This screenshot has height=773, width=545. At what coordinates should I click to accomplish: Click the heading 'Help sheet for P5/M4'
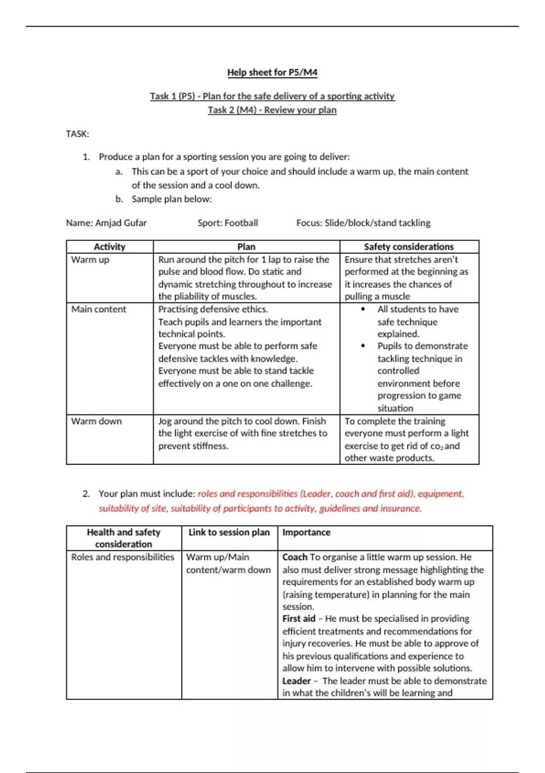pyautogui.click(x=272, y=72)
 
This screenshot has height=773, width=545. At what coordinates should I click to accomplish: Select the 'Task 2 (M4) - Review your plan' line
pyautogui.click(x=272, y=110)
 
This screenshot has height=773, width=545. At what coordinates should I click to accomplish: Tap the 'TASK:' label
pyautogui.click(x=78, y=134)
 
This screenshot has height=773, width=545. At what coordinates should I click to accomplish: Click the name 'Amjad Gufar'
pyautogui.click(x=121, y=223)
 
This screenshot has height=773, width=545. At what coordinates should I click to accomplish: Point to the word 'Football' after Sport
pyautogui.click(x=241, y=223)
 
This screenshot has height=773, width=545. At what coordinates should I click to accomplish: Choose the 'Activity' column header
pyautogui.click(x=109, y=247)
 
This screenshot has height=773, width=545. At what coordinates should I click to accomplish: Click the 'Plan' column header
pyautogui.click(x=246, y=247)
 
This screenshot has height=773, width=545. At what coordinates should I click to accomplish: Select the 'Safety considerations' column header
pyautogui.click(x=409, y=247)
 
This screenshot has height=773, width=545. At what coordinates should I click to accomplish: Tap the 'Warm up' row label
pyautogui.click(x=90, y=260)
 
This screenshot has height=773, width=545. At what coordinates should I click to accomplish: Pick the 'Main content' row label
pyautogui.click(x=99, y=309)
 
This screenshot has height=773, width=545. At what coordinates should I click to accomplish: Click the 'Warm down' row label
pyautogui.click(x=96, y=421)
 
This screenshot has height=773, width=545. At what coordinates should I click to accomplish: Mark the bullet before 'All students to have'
pyautogui.click(x=363, y=309)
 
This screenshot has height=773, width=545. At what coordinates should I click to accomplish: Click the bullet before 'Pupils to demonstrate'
pyautogui.click(x=363, y=346)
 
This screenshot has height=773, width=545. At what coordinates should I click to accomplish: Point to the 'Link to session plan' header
pyautogui.click(x=229, y=532)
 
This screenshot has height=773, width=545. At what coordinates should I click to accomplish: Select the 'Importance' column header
pyautogui.click(x=307, y=532)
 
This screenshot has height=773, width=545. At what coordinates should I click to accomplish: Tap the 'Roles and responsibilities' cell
pyautogui.click(x=123, y=557)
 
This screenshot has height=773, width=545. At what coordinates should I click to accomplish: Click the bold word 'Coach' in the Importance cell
pyautogui.click(x=295, y=557)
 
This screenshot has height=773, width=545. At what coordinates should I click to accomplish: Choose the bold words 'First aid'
pyautogui.click(x=299, y=619)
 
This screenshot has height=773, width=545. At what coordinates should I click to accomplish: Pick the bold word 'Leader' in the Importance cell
pyautogui.click(x=297, y=681)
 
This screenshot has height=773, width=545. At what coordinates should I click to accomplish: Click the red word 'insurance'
pyautogui.click(x=402, y=508)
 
